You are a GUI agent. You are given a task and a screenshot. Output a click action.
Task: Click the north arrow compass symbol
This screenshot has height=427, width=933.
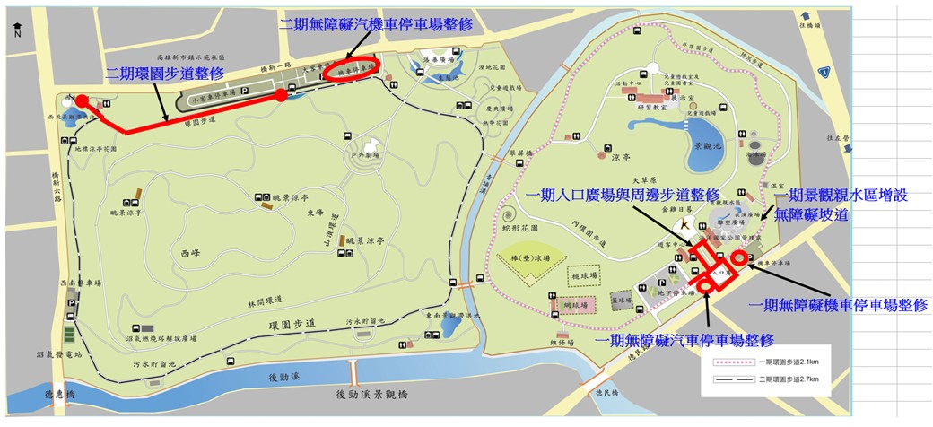tap(17, 27)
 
